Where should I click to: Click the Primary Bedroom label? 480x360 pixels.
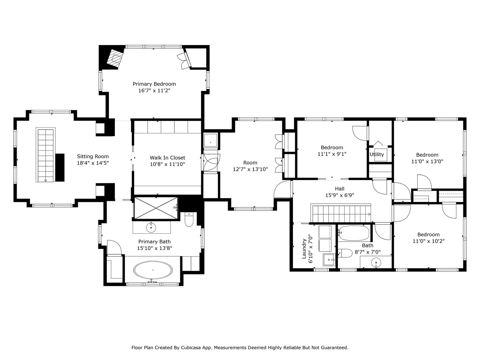tap(154, 84)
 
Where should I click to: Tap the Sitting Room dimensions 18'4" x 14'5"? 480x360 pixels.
tap(93, 163)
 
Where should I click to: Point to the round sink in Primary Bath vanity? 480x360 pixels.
tap(151, 227)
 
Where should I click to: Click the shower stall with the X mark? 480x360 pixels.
tap(156, 208)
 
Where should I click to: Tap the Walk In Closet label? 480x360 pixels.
tap(167, 158)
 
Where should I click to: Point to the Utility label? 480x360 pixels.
tap(377, 154)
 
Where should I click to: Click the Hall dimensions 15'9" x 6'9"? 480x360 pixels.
tap(339, 195)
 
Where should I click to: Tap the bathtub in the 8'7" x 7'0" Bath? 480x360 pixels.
tap(353, 233)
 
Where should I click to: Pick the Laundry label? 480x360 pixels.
tap(304, 249)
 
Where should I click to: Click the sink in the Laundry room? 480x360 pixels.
tap(329, 259)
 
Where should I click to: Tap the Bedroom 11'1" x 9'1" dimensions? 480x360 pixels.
tap(332, 154)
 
